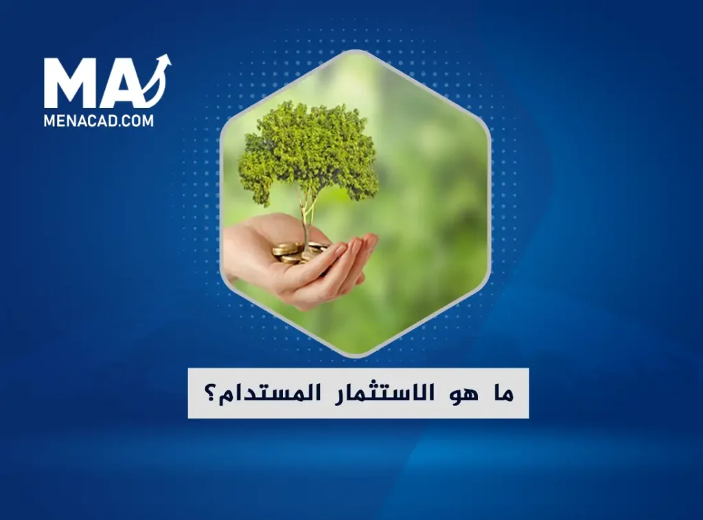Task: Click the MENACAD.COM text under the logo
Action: pyautogui.click(x=99, y=121)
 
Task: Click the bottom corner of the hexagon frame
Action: pyautogui.click(x=355, y=355)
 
